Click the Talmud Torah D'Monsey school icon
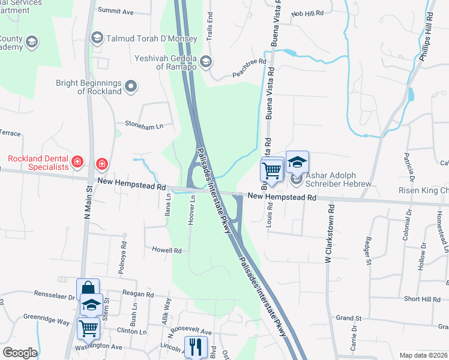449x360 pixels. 97,38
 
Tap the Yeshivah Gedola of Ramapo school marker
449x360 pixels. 206,61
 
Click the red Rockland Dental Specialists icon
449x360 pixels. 77,161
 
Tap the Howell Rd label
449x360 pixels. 166,250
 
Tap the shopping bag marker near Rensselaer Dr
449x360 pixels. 88,289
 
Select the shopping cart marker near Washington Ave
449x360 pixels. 88,328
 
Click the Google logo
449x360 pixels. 19,353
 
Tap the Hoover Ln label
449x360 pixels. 193,209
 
